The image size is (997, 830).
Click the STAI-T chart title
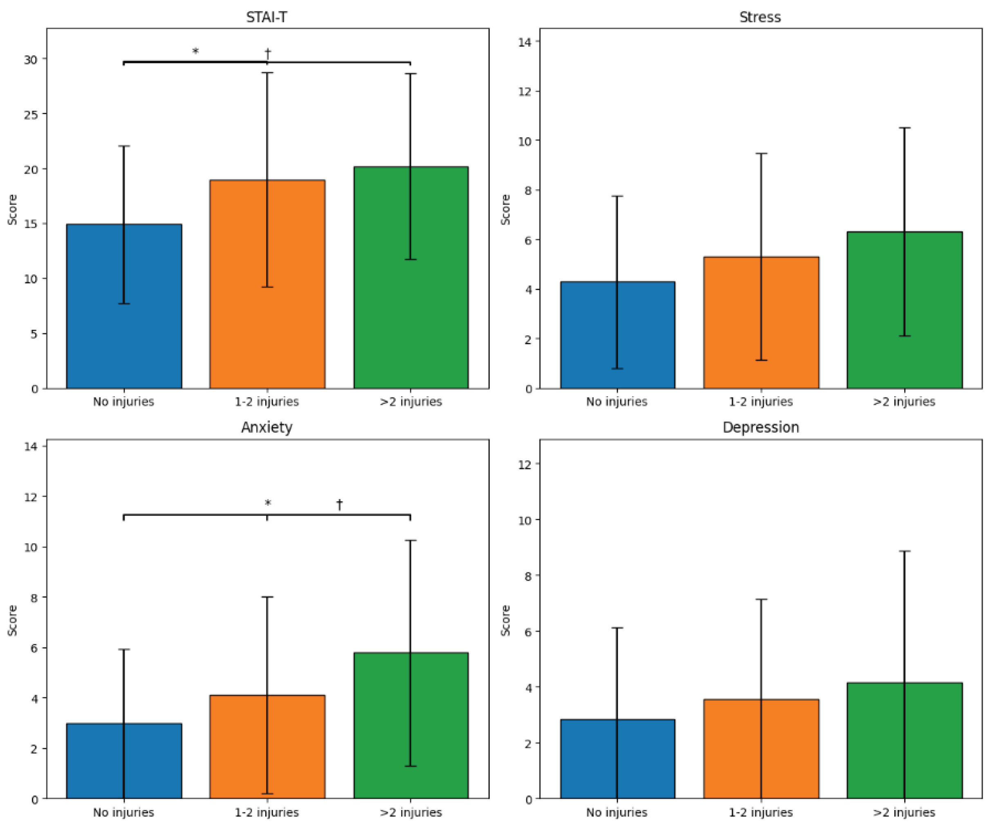pyautogui.click(x=267, y=17)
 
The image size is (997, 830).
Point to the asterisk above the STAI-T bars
pyautogui.click(x=195, y=51)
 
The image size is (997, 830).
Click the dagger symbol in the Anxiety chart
pyautogui.click(x=339, y=504)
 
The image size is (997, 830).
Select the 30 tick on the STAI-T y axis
pyautogui.click(x=31, y=59)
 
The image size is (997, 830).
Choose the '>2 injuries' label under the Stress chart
pyautogui.click(x=903, y=402)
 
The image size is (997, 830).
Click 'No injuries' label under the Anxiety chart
pyautogui.click(x=123, y=812)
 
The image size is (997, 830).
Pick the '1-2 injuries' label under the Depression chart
pyautogui.click(x=761, y=812)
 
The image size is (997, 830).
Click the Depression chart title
pyautogui.click(x=761, y=427)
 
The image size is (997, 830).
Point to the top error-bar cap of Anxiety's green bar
pyautogui.click(x=410, y=541)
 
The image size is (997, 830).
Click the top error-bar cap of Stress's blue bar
pyautogui.click(x=617, y=196)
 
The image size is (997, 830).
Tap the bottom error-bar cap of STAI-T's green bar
pyautogui.click(x=410, y=259)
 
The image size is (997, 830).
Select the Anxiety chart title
pyautogui.click(x=267, y=427)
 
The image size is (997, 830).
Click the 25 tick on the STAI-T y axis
pyautogui.click(x=31, y=114)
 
